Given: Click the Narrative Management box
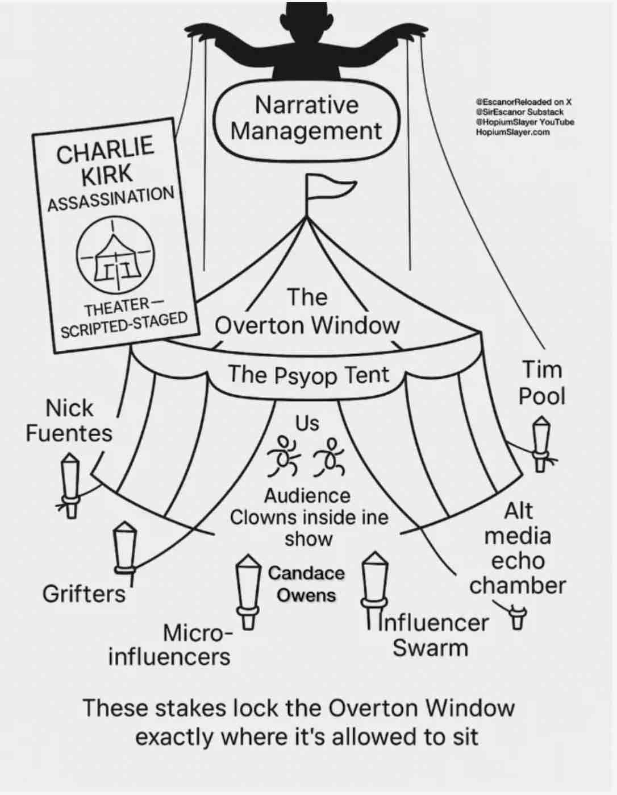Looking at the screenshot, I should point(307,118).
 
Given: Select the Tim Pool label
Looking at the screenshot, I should point(541,383).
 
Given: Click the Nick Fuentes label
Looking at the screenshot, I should point(69,421).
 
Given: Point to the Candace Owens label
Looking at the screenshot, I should point(306,584).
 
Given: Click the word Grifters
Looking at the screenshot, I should point(84,594).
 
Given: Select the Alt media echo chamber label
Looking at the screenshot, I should point(518,548).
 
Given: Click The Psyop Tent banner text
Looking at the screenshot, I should point(308,375).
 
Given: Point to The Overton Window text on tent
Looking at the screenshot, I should point(307,312).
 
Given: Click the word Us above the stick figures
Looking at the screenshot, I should point(307,423).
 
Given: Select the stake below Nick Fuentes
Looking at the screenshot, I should point(70,484).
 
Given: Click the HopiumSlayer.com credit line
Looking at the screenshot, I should point(513,132).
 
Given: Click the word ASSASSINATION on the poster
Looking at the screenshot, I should point(111,198).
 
